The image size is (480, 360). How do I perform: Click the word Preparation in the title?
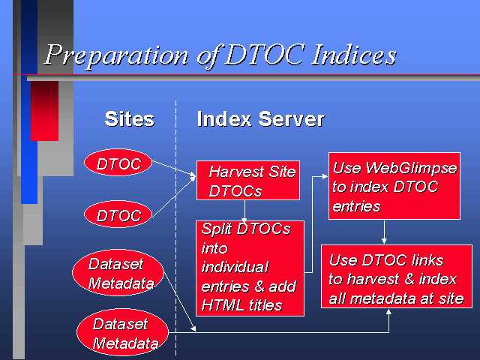(117, 55)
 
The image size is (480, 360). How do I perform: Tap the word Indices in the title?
(354, 55)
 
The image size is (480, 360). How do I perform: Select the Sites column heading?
(130, 119)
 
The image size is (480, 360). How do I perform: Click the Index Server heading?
(261, 119)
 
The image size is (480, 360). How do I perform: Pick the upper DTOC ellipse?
(118, 163)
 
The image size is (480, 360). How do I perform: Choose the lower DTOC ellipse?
(118, 214)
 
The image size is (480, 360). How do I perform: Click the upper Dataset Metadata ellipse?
(118, 273)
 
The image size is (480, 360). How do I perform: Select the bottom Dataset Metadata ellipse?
(122, 333)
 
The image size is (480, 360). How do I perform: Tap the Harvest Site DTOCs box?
(248, 180)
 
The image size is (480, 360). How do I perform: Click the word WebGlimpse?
(411, 168)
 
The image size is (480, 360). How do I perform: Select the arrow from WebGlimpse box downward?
(384, 232)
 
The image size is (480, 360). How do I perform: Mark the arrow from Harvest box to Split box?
(244, 211)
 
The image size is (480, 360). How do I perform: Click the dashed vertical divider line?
(175, 227)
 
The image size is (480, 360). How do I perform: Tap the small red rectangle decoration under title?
(45, 111)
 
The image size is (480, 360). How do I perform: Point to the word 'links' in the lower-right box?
(427, 260)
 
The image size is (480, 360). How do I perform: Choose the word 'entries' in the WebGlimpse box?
(356, 207)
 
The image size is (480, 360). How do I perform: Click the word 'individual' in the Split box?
(235, 267)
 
